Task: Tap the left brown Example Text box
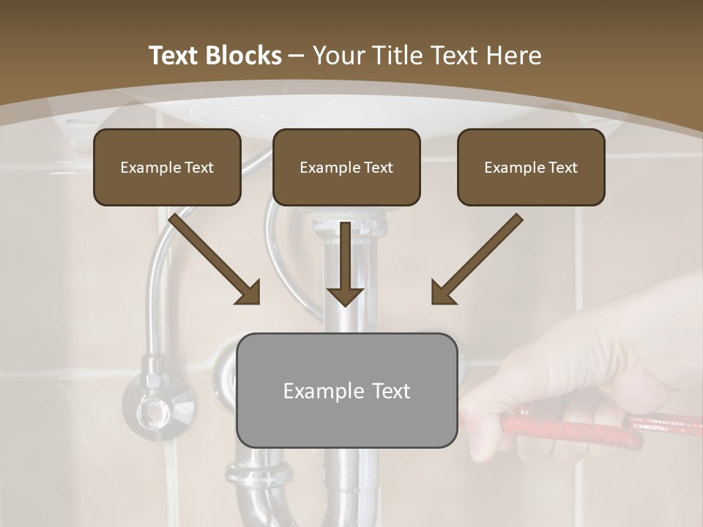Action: (x=167, y=167)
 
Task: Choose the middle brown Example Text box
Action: (x=346, y=167)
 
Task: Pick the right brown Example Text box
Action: (x=531, y=167)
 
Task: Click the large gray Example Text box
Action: (x=346, y=390)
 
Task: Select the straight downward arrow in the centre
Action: (x=344, y=263)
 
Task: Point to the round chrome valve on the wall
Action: (x=155, y=410)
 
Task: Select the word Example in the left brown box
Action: (x=144, y=168)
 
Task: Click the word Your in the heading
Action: (x=339, y=56)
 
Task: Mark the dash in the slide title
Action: (x=297, y=56)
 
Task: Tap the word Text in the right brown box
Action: (x=562, y=168)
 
